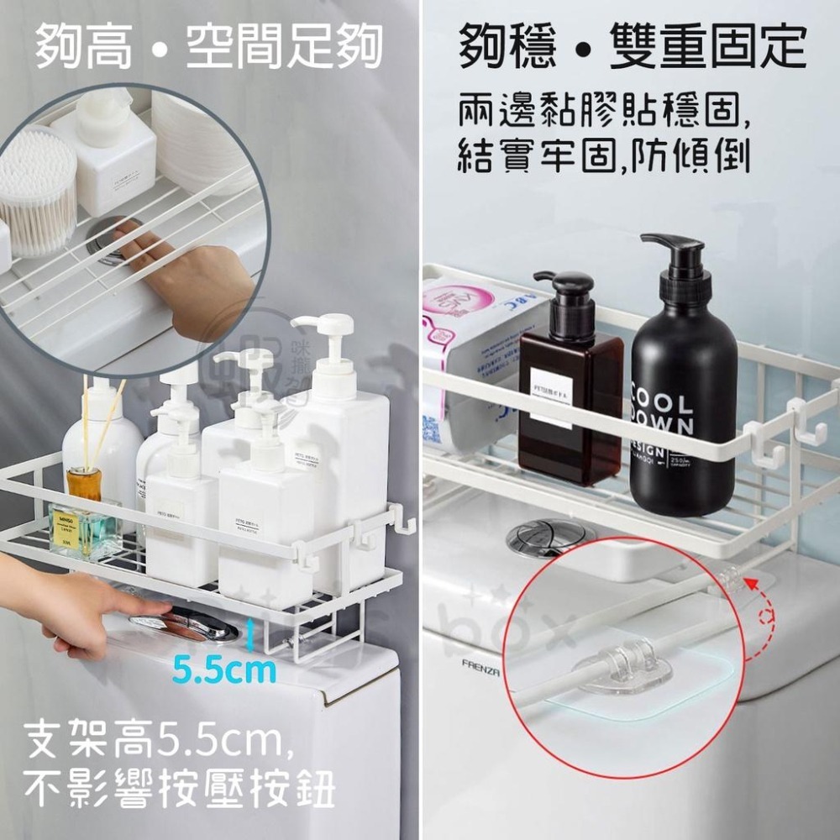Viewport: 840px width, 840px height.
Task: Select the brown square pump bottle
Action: click(570, 403)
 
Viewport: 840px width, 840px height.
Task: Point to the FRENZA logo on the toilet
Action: click(480, 663)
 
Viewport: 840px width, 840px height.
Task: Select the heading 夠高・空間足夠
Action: click(208, 47)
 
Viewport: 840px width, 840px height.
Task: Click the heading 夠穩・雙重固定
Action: click(632, 47)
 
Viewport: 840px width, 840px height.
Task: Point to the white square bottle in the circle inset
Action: click(105, 155)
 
